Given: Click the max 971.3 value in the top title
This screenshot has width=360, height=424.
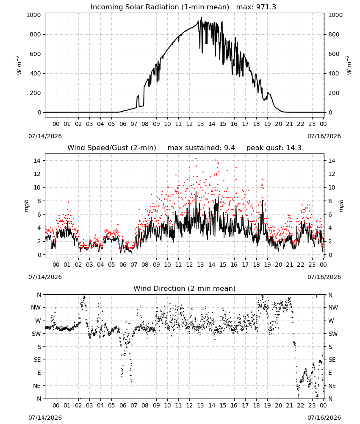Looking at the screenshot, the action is (x=256, y=7).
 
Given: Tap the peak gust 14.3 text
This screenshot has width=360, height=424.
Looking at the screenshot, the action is (x=274, y=148).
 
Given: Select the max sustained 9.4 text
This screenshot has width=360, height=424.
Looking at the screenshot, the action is (x=201, y=148).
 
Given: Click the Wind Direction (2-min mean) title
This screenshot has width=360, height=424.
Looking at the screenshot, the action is (x=185, y=288).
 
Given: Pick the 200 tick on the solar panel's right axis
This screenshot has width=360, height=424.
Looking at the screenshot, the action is (x=334, y=93).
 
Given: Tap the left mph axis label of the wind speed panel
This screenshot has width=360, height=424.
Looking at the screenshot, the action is (x=26, y=206).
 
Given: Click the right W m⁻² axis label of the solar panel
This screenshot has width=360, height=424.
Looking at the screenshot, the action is (x=349, y=65).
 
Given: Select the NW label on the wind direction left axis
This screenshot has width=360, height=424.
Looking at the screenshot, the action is (x=36, y=308).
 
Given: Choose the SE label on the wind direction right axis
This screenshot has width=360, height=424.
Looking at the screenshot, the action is (x=332, y=360).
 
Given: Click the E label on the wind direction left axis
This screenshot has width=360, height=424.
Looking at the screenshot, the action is (x=39, y=373).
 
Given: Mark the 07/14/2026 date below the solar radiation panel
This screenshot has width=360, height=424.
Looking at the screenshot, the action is (x=45, y=136).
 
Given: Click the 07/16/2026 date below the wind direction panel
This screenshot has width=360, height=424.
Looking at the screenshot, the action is (x=324, y=418).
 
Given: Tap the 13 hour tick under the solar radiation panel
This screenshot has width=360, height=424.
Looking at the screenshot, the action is (x=200, y=124).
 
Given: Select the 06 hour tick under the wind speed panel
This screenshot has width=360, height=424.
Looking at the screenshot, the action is (x=122, y=265).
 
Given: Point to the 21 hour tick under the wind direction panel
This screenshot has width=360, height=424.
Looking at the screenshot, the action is (x=290, y=405).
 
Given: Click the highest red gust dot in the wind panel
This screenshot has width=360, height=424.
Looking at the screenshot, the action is (x=196, y=159).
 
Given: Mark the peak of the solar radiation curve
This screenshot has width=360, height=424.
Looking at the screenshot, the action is (x=201, y=17).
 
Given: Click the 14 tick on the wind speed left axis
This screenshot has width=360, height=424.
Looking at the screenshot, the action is (x=37, y=161).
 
